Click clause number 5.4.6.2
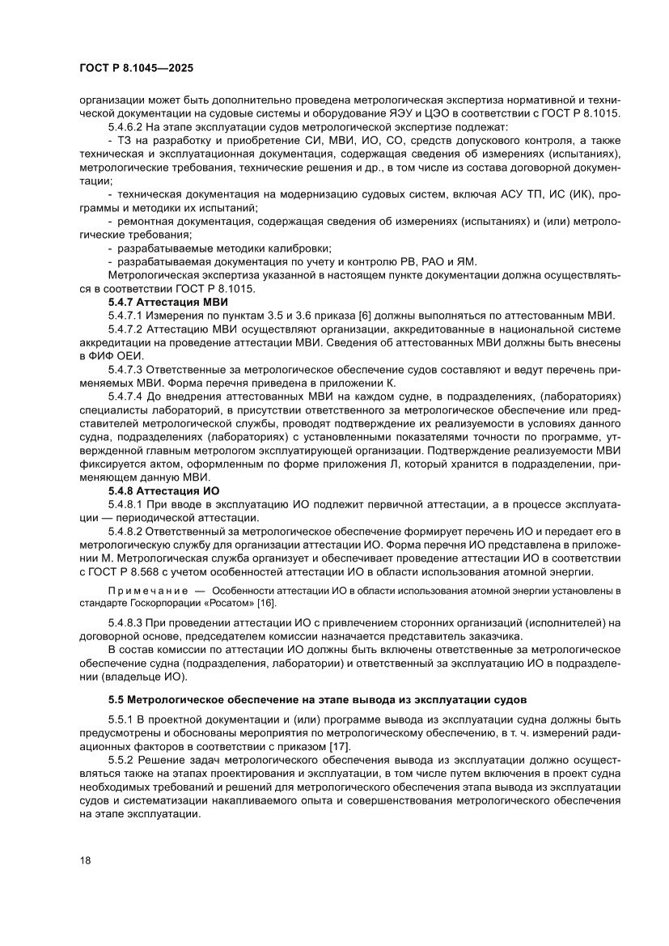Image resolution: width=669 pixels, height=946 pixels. [125, 128]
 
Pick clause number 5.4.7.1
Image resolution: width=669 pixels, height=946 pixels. [125, 315]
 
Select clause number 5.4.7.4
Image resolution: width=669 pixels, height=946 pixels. [125, 397]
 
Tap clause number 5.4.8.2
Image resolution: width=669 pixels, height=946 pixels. [125, 531]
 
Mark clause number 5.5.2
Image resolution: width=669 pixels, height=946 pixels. [121, 761]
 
